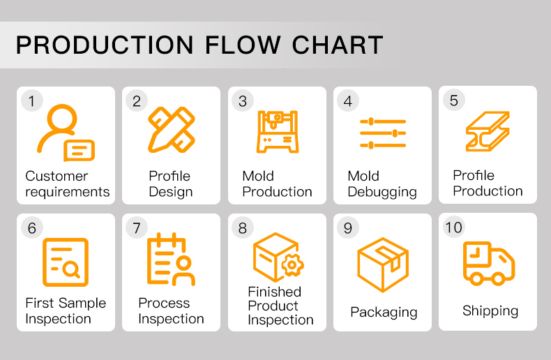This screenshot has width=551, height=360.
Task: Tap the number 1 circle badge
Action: pos(31,101)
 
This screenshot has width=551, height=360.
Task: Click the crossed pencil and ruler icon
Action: pos(171,130)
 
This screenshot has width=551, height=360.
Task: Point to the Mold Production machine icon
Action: pos(277,131)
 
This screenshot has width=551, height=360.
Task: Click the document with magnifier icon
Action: pos(66,262)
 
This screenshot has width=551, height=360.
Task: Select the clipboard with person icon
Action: pos(171,260)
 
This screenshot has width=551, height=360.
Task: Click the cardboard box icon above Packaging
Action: pos(382,264)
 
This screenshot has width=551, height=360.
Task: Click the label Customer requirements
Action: pos(67,184)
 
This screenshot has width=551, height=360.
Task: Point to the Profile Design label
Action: pos(170,184)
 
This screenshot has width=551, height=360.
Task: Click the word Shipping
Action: pos(490,311)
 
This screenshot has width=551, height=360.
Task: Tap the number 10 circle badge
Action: pos(453,227)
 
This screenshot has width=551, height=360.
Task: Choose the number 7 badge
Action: pos(137,228)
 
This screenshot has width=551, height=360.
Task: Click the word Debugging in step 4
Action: pos(382,192)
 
